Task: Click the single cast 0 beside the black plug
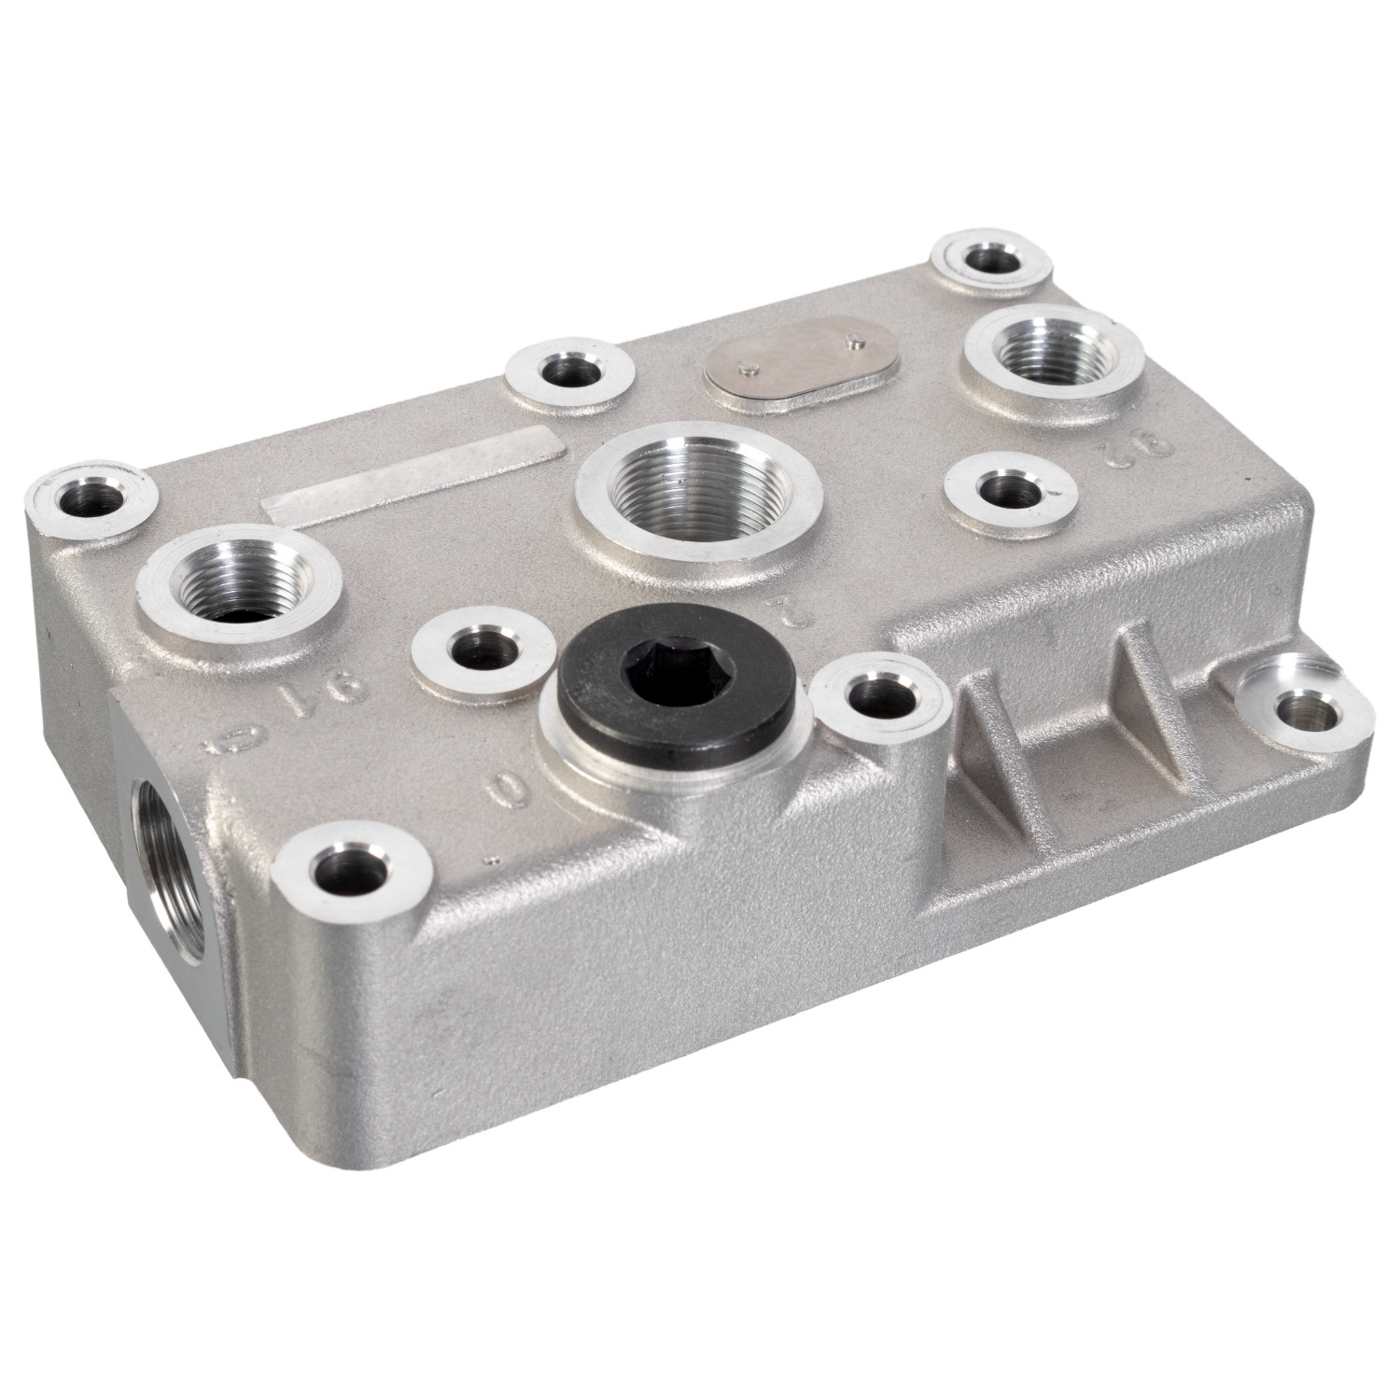pos(505,791)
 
